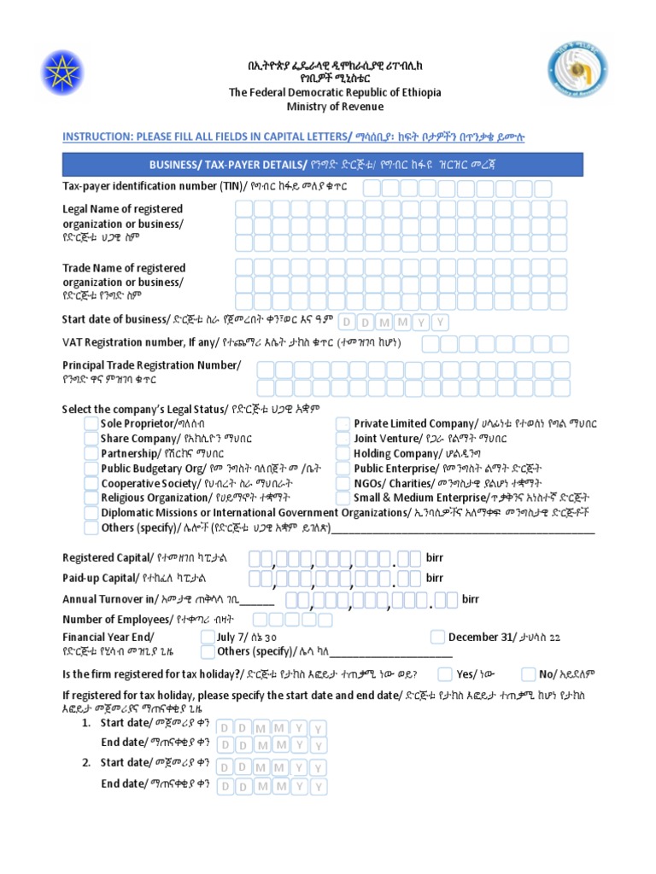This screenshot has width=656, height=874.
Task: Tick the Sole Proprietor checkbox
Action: [91, 424]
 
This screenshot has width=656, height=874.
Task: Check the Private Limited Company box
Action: [343, 424]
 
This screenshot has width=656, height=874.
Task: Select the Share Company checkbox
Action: [91, 439]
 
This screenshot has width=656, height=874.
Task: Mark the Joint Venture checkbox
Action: [343, 439]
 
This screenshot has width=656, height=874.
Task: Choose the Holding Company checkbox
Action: [343, 454]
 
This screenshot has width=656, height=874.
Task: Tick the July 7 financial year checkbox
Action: [208, 637]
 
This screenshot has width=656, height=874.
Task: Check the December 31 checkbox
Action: [438, 637]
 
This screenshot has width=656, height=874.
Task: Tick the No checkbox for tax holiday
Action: [530, 673]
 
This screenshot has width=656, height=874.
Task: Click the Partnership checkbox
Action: [91, 454]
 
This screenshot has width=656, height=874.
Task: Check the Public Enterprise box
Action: [343, 469]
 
